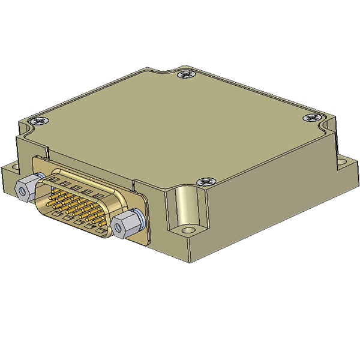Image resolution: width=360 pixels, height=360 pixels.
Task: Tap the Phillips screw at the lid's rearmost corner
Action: click(185, 74)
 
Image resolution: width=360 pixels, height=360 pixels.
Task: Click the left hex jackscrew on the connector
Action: click(25, 188)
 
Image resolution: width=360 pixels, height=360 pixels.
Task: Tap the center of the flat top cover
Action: click(180, 126)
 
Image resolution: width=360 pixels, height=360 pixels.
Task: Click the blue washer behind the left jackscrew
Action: click(39, 176)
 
